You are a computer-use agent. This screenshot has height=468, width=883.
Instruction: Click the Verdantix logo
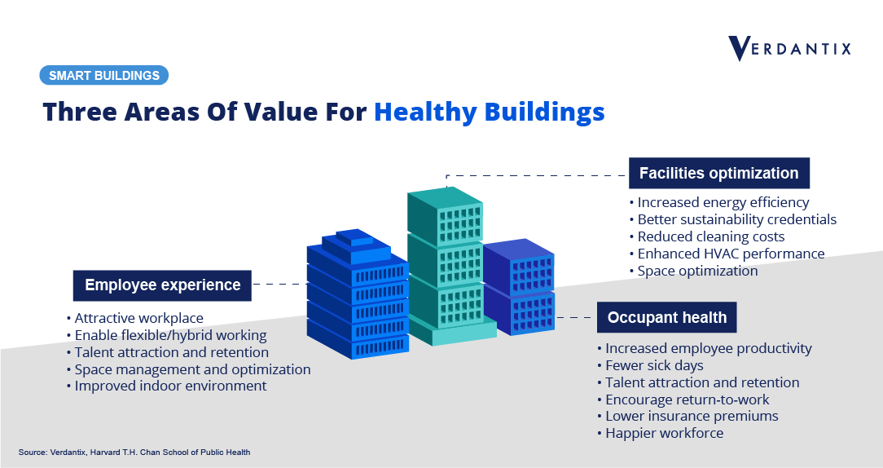click(789, 48)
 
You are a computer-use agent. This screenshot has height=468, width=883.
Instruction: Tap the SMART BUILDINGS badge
click(104, 76)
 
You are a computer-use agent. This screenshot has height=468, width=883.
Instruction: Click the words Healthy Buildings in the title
click(490, 112)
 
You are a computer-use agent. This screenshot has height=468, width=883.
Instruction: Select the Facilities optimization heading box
click(719, 173)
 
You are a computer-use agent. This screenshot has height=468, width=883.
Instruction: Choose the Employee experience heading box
click(162, 285)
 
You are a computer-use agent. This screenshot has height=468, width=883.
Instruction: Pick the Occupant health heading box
click(667, 317)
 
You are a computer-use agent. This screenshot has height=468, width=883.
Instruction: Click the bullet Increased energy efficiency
click(719, 202)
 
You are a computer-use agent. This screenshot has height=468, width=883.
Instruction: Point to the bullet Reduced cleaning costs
click(707, 236)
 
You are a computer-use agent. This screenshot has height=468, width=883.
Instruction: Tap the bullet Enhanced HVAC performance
click(727, 254)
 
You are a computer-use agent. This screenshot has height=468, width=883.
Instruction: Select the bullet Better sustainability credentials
click(732, 219)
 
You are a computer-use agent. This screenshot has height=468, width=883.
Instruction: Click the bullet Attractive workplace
click(134, 319)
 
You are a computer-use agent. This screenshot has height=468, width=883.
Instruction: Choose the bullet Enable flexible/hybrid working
click(166, 335)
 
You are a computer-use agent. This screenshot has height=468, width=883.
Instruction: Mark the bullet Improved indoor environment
click(166, 386)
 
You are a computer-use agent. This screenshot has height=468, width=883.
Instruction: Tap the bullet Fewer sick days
click(650, 366)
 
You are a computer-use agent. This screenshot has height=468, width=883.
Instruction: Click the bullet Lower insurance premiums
click(688, 416)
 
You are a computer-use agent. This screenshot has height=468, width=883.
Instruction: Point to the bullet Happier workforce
click(660, 433)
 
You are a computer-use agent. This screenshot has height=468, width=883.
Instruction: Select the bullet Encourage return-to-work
click(683, 400)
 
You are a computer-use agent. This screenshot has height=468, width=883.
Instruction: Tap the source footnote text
click(134, 453)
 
